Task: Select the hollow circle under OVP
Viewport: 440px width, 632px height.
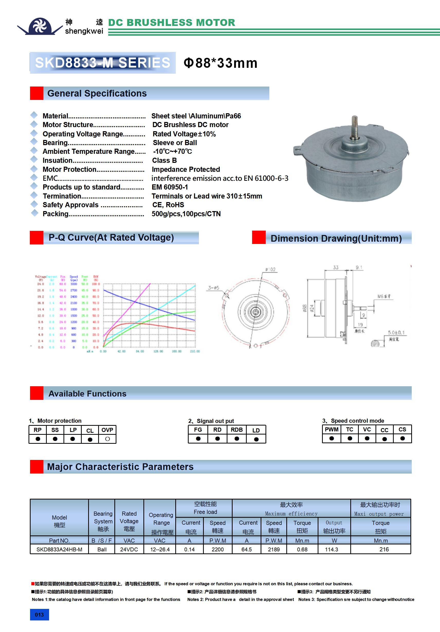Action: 107,439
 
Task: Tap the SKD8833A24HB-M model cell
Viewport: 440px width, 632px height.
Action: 59,549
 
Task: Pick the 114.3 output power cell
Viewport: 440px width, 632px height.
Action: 332,549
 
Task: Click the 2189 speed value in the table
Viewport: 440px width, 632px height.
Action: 274,549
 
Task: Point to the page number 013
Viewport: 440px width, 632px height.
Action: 39,615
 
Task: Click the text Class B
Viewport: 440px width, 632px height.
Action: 164,161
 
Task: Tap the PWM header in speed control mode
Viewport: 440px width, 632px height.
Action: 332,429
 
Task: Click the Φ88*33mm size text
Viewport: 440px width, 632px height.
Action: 221,63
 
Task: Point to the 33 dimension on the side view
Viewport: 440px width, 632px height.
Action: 336,267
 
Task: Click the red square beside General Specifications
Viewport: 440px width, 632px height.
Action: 37,93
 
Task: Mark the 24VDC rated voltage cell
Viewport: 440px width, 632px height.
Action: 129,549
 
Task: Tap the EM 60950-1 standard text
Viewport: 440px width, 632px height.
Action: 170,187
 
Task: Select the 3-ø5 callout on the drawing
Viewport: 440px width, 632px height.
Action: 213,288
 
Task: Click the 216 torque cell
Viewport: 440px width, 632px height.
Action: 384,549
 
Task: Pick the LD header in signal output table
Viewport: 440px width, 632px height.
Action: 256,430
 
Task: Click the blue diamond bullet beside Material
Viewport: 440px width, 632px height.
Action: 34,115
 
